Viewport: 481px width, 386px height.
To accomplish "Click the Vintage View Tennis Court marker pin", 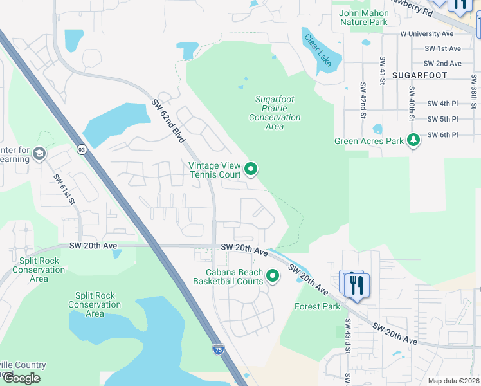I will (251, 170).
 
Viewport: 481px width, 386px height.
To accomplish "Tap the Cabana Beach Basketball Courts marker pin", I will (273, 277).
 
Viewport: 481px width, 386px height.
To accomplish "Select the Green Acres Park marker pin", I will (413, 140).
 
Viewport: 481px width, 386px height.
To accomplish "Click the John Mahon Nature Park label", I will (364, 17).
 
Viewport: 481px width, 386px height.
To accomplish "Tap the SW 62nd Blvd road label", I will (168, 121).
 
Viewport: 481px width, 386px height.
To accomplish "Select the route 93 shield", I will (82, 149).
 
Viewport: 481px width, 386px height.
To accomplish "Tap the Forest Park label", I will (317, 306).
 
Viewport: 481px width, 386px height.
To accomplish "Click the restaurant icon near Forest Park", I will (357, 284).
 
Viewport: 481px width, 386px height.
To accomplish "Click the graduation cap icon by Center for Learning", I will (39, 154).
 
